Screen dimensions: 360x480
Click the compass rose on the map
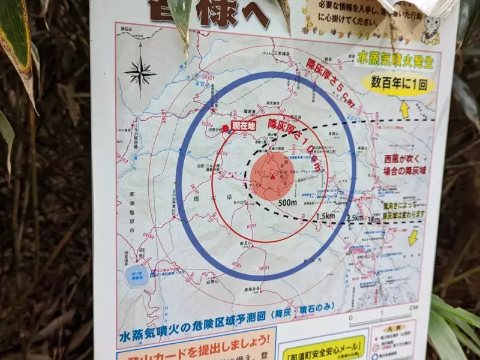point(140,73)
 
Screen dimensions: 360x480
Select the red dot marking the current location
point(226,128)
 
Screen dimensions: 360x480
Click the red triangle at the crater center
point(273,176)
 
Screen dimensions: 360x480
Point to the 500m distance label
point(288,203)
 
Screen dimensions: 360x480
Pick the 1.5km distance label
point(325,216)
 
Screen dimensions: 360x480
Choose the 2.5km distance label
point(355,218)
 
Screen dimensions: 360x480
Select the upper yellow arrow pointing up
point(405,109)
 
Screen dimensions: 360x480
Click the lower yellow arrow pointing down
point(413,238)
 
